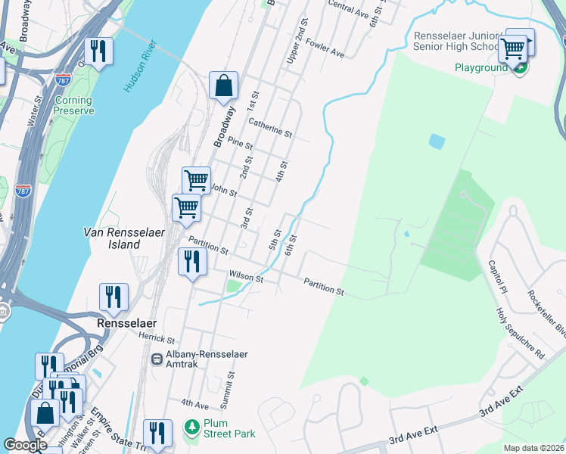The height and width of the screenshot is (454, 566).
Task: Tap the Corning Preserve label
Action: click(x=73, y=105)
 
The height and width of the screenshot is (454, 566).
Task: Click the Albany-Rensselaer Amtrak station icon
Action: click(x=157, y=359)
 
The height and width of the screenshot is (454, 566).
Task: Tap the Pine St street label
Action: click(x=239, y=143)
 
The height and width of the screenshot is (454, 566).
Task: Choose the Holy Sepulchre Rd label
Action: click(x=519, y=332)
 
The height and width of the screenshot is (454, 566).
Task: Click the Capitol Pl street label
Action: click(x=497, y=278)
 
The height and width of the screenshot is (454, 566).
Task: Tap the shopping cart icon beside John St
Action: click(x=196, y=181)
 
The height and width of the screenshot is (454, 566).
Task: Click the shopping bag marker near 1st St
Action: click(x=224, y=86)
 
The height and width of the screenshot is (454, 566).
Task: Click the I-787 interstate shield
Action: click(x=23, y=191)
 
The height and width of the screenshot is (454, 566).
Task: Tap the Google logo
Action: click(x=26, y=444)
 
